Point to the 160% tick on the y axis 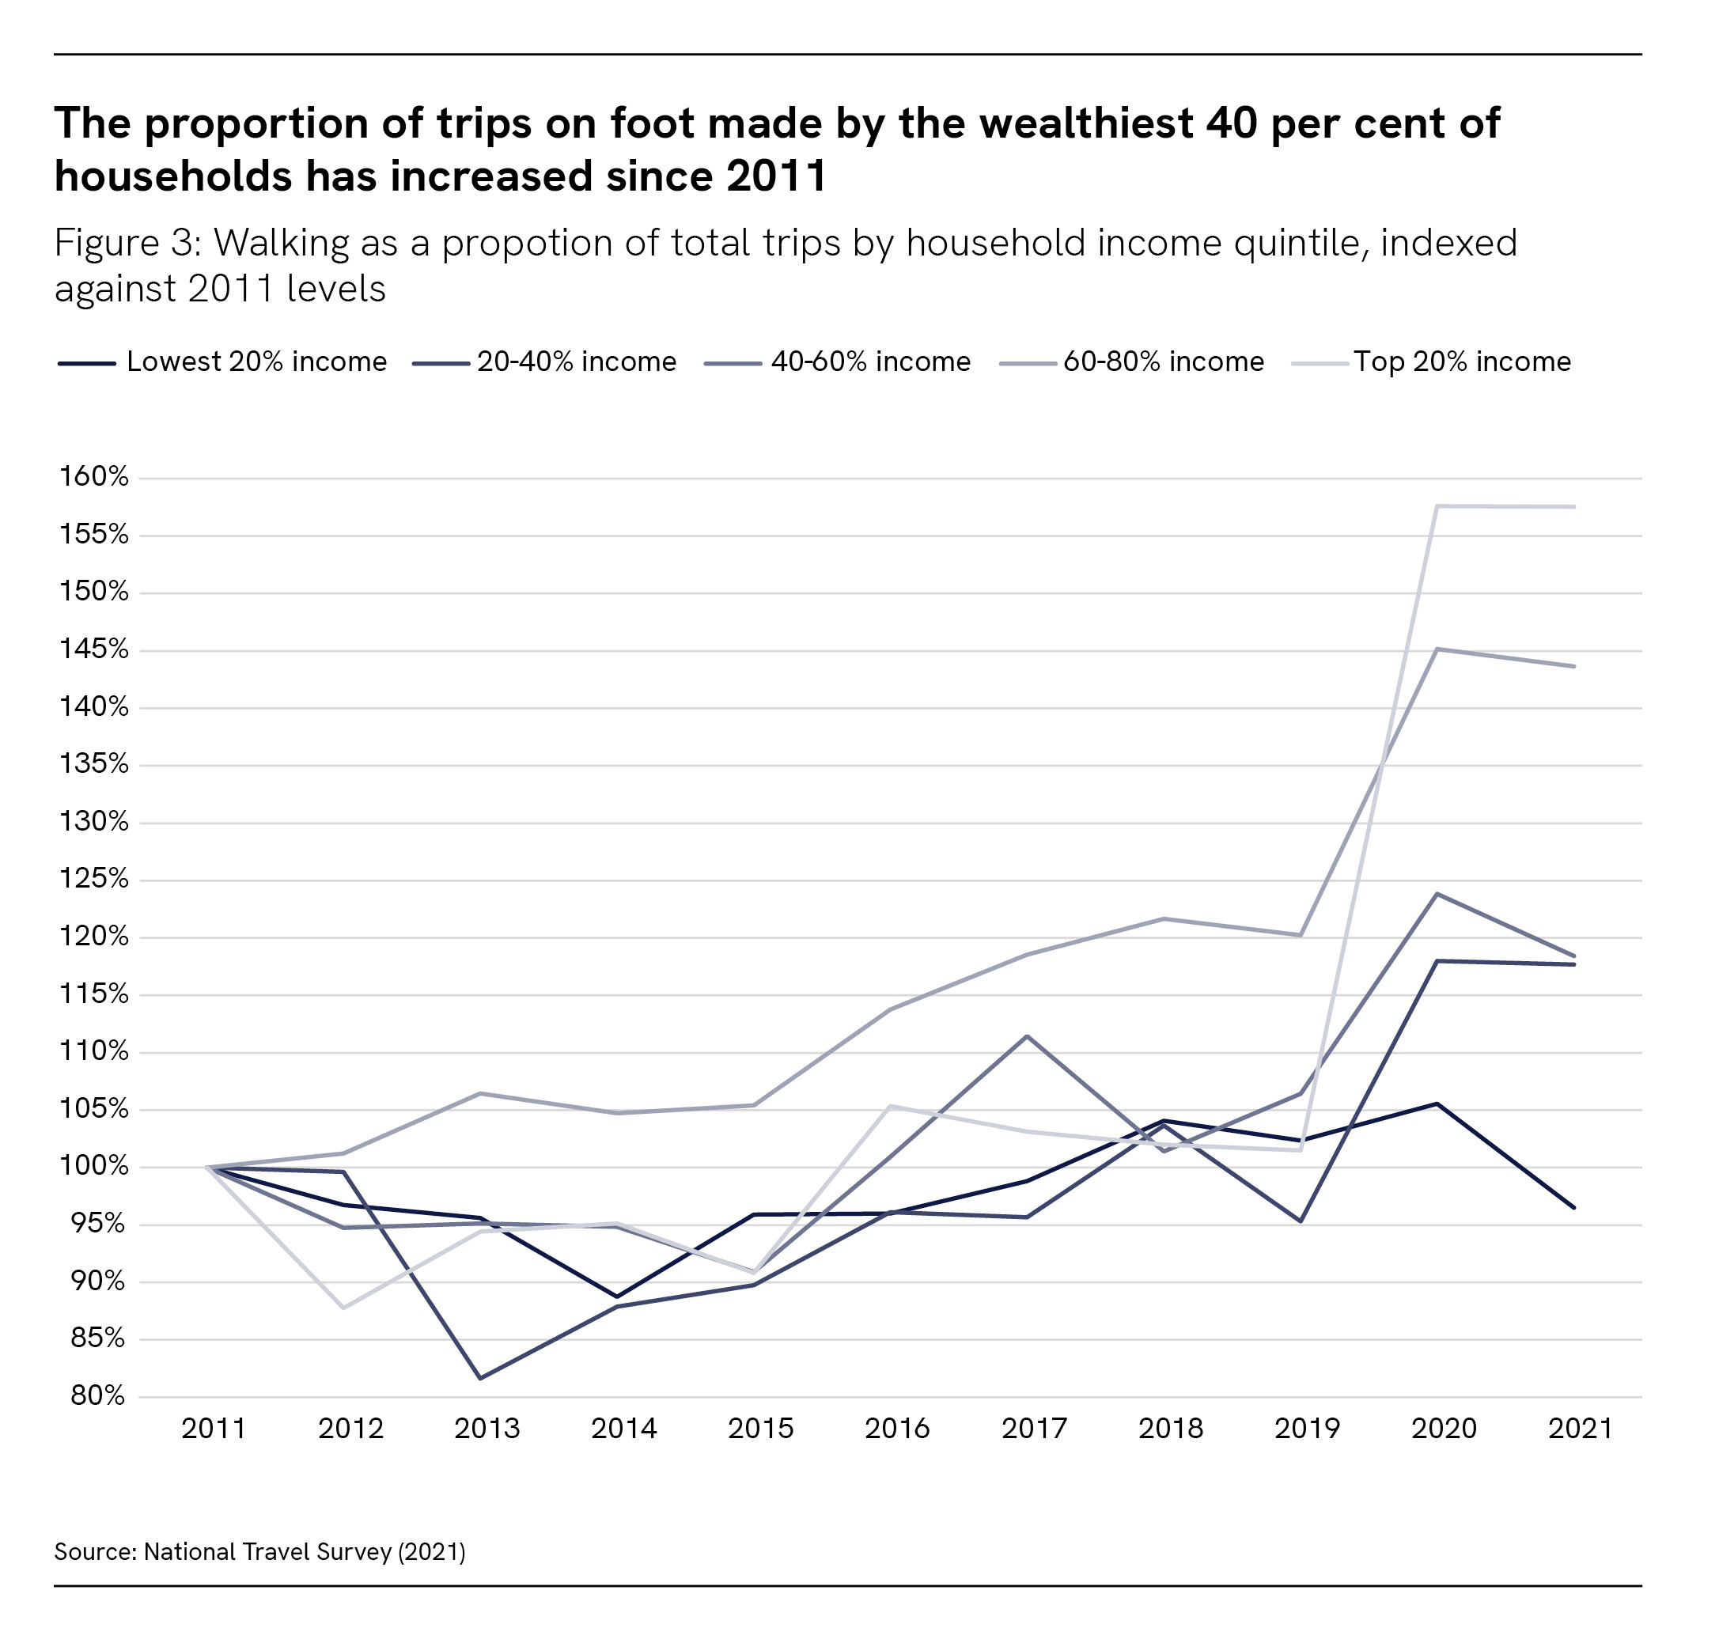[93, 476]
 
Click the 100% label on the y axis [93, 1166]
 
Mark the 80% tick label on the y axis [97, 1395]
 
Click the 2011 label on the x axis [214, 1429]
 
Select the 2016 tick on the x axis [898, 1429]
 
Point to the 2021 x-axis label [1580, 1429]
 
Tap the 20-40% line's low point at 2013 [481, 1378]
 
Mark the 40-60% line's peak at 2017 [1027, 1036]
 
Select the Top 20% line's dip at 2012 [343, 1308]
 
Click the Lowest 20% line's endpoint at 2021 [1574, 1208]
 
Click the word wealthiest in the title [1086, 123]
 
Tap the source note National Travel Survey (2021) [304, 1552]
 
